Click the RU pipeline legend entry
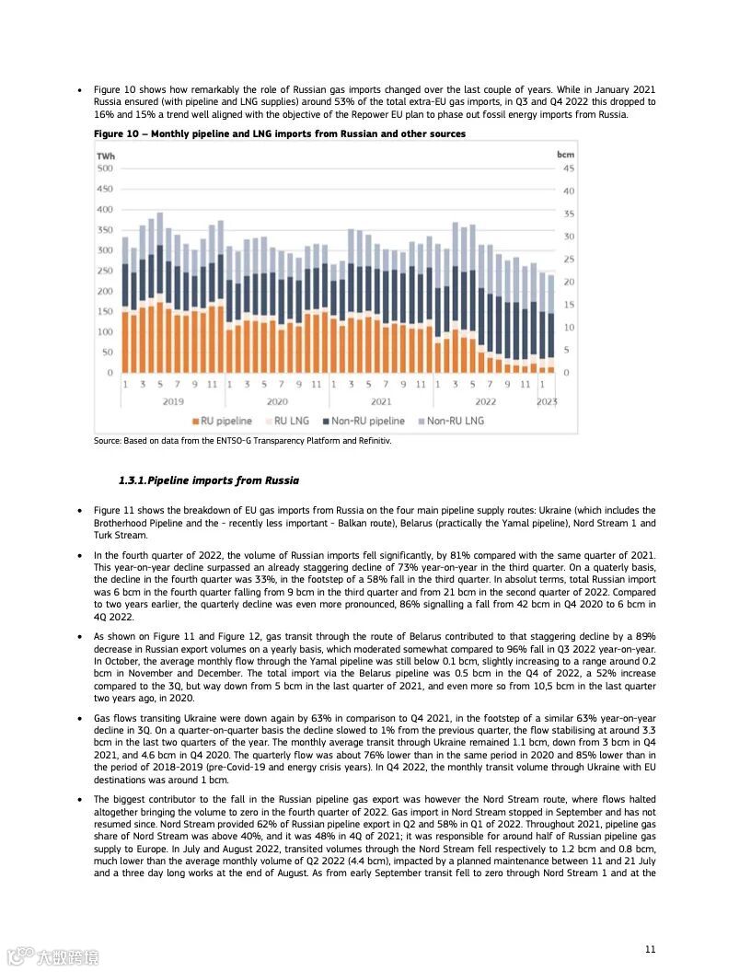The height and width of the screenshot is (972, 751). (222, 421)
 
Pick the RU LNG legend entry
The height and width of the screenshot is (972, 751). (287, 421)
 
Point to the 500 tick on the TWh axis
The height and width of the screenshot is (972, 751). (104, 168)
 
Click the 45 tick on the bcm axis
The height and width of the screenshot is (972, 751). (569, 168)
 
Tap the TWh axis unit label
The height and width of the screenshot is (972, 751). (106, 155)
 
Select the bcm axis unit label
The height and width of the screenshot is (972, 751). (565, 155)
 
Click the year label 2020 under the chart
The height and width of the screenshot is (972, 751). (277, 401)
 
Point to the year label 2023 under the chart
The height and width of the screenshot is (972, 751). (547, 401)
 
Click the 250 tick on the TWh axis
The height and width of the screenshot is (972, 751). (104, 271)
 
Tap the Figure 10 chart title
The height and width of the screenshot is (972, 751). (280, 133)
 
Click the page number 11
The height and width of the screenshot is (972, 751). (650, 949)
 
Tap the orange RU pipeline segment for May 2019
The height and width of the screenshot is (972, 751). (160, 337)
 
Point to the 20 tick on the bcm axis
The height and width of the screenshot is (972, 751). (569, 282)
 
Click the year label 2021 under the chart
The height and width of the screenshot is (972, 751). (381, 401)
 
